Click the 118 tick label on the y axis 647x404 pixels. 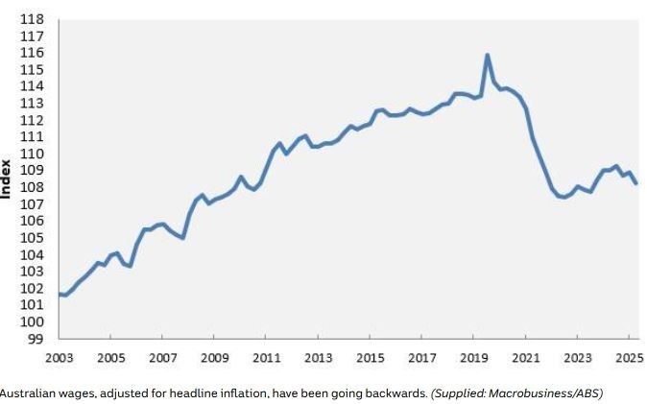coord(32,19)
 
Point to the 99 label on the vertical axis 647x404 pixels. coord(36,339)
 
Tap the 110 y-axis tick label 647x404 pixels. coord(32,154)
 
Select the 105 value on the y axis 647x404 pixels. coord(32,238)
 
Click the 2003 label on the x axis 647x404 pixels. coord(59,357)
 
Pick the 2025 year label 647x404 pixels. coord(630,357)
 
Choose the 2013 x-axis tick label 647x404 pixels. coord(318,357)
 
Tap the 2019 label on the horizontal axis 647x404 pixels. coord(473,357)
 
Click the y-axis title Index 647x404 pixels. coord(6,179)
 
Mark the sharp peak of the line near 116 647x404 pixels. coord(488,55)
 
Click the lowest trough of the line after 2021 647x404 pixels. coord(564,197)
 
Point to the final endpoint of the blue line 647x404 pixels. coord(635,183)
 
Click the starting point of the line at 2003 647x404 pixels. coord(60,295)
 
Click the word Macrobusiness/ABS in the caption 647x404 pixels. coord(546,392)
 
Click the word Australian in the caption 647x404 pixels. coord(27,392)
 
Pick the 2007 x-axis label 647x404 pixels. coord(162,357)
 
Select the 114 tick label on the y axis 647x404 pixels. coord(32,86)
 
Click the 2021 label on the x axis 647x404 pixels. coord(526,357)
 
